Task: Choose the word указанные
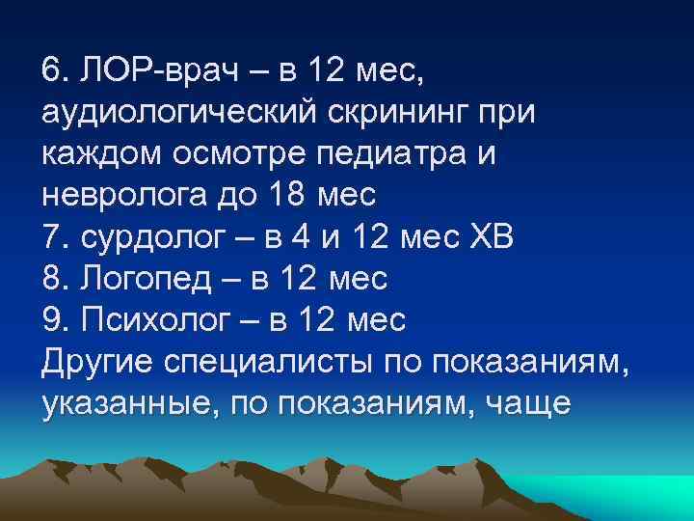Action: (x=117, y=403)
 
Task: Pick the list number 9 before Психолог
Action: (x=51, y=319)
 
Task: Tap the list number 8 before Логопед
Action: (x=51, y=278)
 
